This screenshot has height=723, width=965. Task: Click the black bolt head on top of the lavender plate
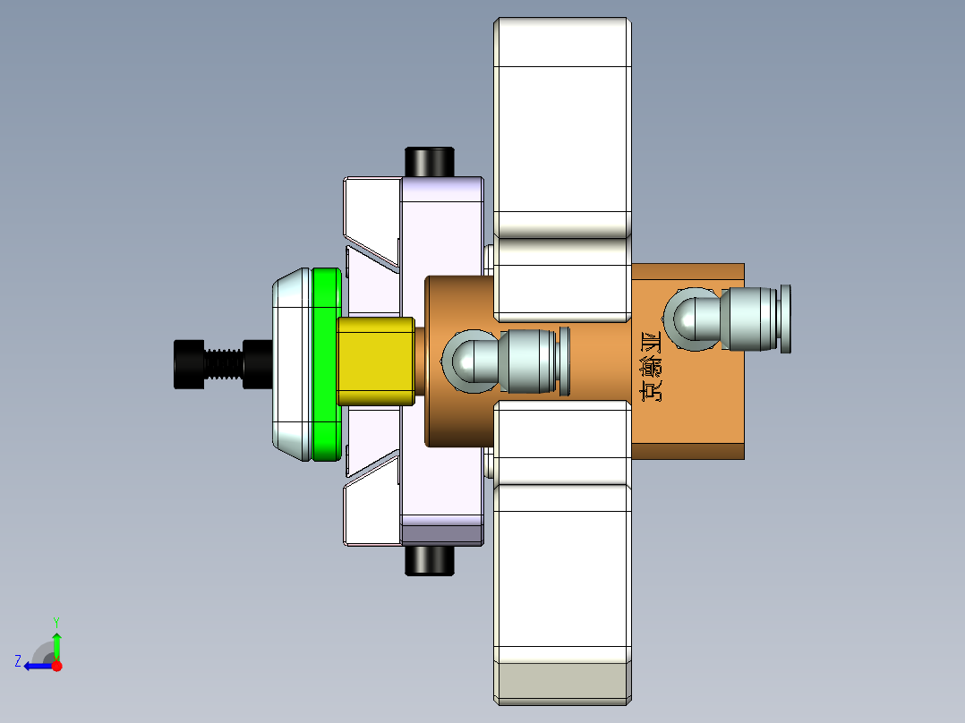point(430,162)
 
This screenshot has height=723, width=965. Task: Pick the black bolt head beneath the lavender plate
point(430,560)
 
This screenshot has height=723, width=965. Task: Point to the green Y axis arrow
point(56,642)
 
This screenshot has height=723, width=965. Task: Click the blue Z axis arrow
point(36,665)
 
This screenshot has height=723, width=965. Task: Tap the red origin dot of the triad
point(57,666)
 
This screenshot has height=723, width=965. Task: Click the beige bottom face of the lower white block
point(561,681)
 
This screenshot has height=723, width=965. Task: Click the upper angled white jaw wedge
point(371,215)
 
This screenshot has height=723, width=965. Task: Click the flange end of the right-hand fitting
point(785,319)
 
